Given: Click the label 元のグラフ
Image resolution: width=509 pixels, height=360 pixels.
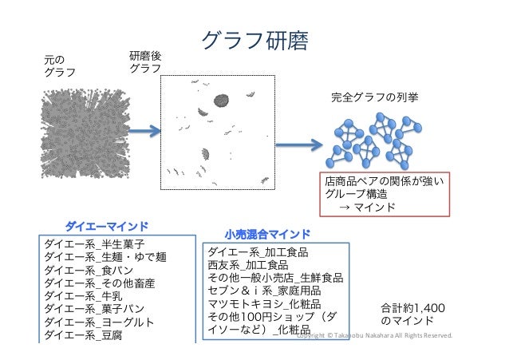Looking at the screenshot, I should point(59,65).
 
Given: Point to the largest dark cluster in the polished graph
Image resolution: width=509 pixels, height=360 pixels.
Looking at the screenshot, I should point(220,101).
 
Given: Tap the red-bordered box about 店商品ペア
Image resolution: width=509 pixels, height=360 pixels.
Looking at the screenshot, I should point(385,194).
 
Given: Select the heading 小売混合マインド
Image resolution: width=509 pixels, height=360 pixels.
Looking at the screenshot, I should point(266,235).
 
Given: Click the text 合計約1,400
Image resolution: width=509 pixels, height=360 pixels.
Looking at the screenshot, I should point(413,307).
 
